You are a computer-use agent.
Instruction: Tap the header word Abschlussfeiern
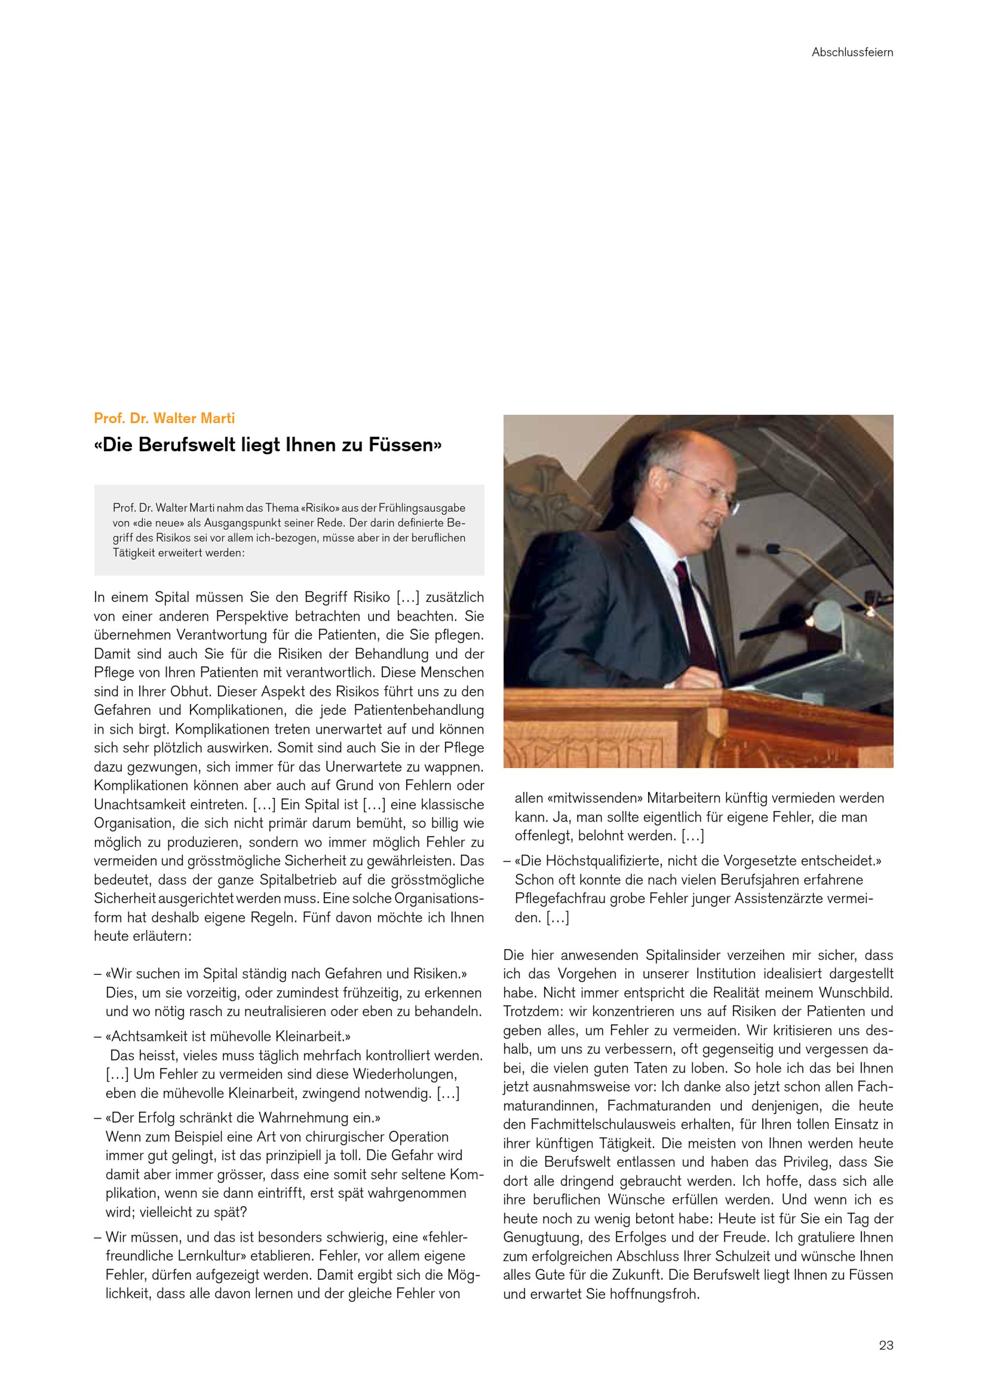[x=852, y=52]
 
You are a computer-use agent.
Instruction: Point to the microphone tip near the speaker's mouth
[x=773, y=549]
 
